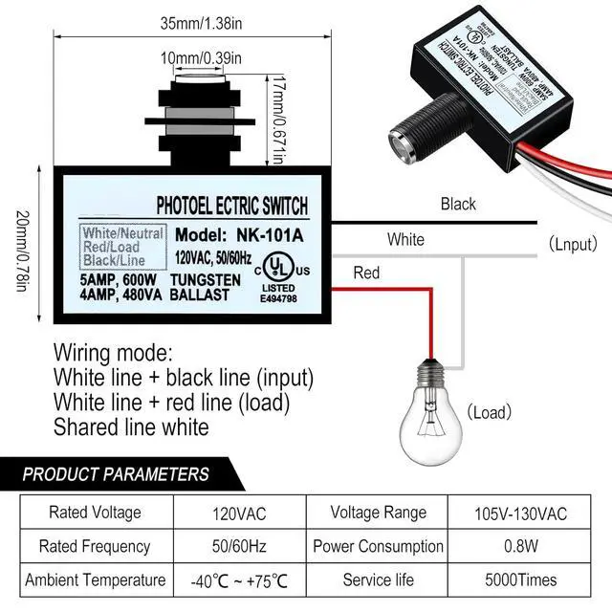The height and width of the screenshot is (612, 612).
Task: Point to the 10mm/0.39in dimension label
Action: click(201, 59)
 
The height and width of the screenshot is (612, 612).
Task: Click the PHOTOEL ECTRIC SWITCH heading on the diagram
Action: click(231, 205)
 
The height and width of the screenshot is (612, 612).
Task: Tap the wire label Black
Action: click(458, 204)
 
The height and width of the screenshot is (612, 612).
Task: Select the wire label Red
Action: click(366, 273)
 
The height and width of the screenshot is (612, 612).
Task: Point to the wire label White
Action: click(405, 239)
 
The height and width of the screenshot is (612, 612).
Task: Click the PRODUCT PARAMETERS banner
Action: click(116, 473)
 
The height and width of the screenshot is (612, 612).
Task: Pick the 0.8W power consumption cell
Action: click(519, 546)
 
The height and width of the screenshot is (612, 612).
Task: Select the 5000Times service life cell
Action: click(519, 579)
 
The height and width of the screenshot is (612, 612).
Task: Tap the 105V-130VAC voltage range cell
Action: click(519, 514)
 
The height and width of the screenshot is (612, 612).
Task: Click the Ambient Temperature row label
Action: click(95, 579)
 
